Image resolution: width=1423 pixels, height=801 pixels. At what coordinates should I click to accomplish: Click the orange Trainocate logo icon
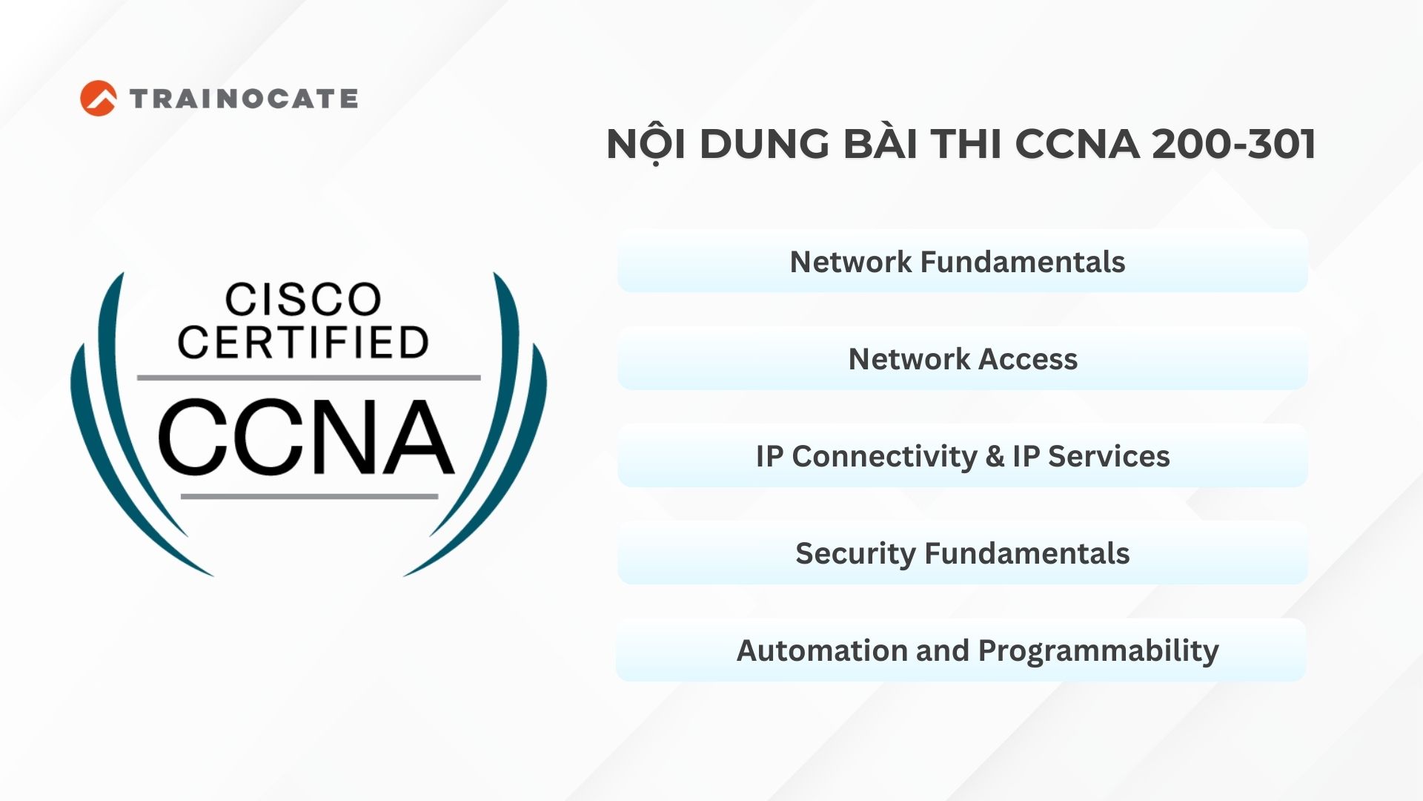(98, 99)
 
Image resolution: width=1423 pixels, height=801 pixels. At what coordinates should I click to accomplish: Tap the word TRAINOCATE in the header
(244, 99)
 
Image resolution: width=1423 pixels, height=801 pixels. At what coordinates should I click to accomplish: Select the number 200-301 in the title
(1234, 144)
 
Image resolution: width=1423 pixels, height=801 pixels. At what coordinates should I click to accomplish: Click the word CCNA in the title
(1078, 144)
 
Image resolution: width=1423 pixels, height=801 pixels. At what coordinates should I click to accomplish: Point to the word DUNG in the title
(764, 144)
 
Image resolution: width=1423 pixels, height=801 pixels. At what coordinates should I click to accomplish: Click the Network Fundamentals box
(962, 261)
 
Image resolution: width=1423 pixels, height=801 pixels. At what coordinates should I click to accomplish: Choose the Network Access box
(962, 358)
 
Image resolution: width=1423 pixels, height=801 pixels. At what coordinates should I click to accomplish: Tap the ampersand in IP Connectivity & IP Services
(995, 456)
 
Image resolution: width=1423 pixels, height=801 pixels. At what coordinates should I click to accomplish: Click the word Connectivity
(884, 457)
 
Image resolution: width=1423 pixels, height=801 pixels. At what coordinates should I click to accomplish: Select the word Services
(1109, 456)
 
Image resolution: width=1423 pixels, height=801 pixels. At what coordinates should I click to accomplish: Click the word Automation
(822, 650)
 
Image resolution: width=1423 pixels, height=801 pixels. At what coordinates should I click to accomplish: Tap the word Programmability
(1098, 651)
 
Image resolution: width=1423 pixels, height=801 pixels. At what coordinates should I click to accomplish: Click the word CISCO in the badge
(303, 299)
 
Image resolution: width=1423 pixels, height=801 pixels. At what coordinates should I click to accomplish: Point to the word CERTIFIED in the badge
(303, 342)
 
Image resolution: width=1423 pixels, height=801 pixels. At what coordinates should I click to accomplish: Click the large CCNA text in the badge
(305, 438)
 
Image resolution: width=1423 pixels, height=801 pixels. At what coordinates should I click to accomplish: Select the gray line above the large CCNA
(308, 378)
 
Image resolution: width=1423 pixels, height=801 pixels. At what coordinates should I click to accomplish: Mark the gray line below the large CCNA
(309, 496)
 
